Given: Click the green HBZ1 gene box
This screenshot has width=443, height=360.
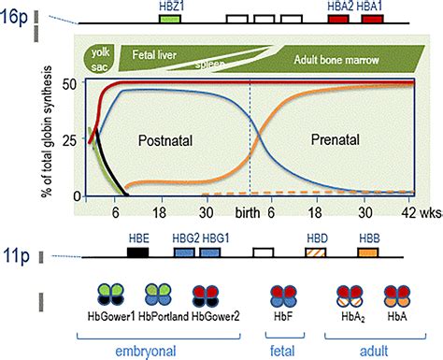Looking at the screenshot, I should click(x=169, y=19).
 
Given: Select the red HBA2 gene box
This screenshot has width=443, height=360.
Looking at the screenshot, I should click(x=338, y=19).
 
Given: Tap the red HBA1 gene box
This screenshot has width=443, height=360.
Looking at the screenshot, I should click(x=368, y=19).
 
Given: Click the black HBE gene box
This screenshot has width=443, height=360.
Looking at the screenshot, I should click(x=138, y=252).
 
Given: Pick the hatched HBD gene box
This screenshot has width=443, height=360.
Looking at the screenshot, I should click(x=317, y=252).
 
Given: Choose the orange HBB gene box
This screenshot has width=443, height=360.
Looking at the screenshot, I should click(x=368, y=252).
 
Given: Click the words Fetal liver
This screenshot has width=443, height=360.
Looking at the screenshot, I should click(x=153, y=55).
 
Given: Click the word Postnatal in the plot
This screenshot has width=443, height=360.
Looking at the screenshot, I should click(x=170, y=139).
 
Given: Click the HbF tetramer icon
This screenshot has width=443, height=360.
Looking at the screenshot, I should click(x=282, y=295).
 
